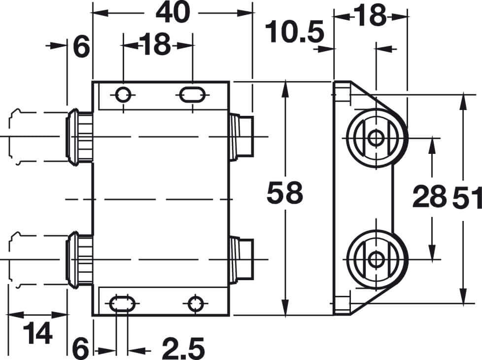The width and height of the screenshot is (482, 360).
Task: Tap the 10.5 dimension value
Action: [294, 34]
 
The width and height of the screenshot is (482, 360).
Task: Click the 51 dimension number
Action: [465, 197]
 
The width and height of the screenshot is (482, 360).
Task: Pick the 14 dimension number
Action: [37, 335]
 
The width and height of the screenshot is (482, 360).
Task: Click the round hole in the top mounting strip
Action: [123, 94]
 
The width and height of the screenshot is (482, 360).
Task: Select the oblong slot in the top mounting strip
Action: [191, 94]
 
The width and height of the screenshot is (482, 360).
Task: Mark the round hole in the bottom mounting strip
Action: [196, 303]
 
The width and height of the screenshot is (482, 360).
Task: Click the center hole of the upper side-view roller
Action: [377, 138]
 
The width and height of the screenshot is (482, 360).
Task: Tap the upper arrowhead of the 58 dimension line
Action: [284, 88]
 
